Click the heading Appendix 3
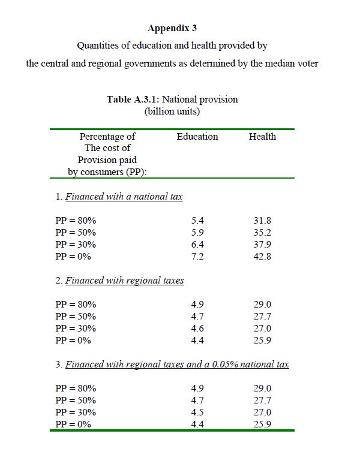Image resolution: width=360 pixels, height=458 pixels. (172, 28)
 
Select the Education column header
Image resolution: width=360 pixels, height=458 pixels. (197, 137)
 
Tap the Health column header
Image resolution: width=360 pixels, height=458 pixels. (262, 137)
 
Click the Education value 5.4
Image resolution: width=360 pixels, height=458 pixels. (197, 221)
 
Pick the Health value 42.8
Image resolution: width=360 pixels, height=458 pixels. (262, 257)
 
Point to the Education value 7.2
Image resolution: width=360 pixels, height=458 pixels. (197, 257)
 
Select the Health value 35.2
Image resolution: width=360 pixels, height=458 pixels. (262, 233)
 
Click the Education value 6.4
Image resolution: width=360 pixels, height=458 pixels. (197, 245)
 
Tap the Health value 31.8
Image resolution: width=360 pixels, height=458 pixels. (262, 221)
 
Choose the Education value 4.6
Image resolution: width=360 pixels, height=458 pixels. (197, 329)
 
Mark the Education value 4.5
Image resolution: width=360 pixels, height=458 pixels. (197, 412)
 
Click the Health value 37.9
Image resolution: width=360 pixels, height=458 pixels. (262, 245)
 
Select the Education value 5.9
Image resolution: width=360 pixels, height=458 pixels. (197, 233)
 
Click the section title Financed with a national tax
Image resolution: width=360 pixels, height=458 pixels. (124, 197)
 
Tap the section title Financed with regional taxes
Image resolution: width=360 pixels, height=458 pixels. (124, 281)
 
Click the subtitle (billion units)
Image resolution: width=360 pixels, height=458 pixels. (172, 111)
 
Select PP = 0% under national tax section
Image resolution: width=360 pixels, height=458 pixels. (73, 257)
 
